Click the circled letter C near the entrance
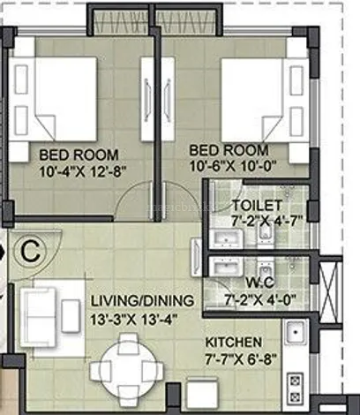click(30, 252)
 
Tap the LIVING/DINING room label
click(142, 301)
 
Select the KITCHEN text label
click(233, 343)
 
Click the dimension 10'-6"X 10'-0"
click(233, 167)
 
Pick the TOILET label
click(257, 205)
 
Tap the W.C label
click(259, 283)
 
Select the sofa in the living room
click(38, 317)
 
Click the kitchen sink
click(296, 332)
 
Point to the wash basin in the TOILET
click(226, 238)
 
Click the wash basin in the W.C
click(226, 267)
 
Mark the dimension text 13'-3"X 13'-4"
click(134, 320)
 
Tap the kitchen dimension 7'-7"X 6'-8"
click(241, 359)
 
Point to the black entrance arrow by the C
click(3, 252)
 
